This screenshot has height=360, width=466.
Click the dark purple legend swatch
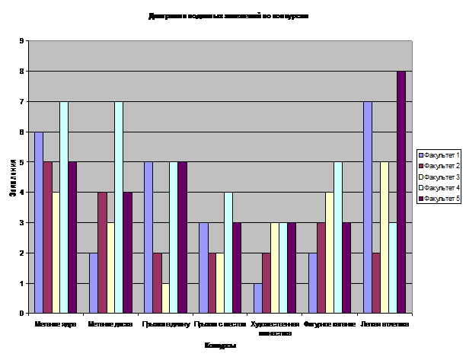point(420,198)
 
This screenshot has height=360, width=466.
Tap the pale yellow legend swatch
point(420,177)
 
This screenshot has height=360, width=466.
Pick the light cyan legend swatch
point(420,187)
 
